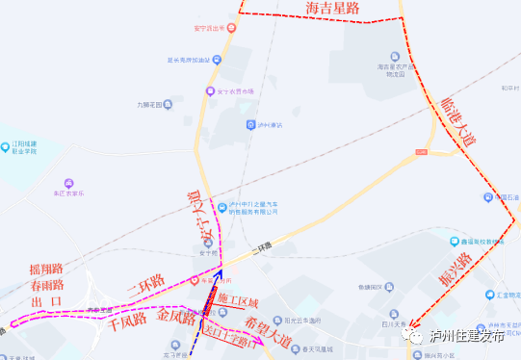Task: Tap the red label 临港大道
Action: coord(456,120)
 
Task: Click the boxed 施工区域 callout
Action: coord(237,298)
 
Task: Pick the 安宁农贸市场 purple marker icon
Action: coord(207,91)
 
